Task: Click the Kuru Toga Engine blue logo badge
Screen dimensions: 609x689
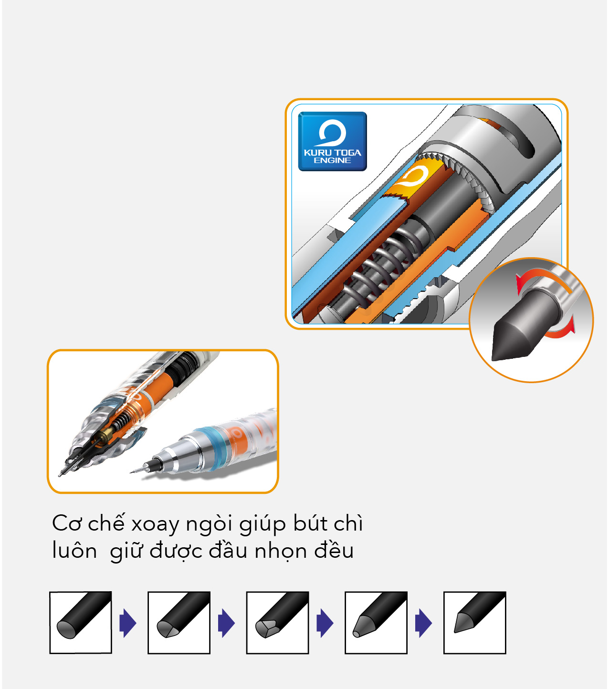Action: point(332,141)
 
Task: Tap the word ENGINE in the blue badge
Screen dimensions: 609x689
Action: point(332,160)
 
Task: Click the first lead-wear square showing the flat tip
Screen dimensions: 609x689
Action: point(81,623)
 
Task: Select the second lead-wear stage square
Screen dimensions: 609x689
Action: point(179,623)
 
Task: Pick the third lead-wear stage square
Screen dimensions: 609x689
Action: point(278,623)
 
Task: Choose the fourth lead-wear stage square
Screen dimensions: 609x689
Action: point(376,623)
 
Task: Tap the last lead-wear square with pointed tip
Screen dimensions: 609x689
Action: point(474,623)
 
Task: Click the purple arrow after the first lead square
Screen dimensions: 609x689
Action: point(128,623)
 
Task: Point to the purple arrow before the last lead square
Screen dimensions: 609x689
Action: point(423,623)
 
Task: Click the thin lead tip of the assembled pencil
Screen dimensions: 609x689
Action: point(137,470)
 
